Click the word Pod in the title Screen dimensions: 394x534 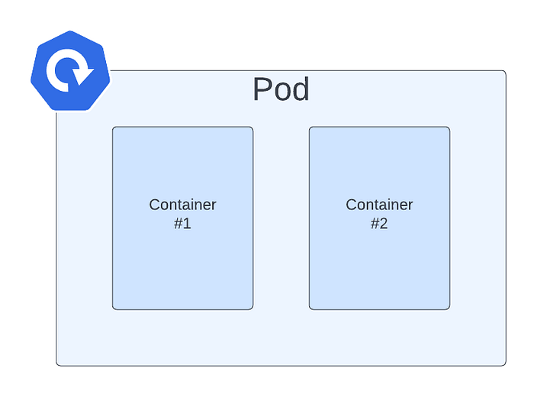[x=281, y=90]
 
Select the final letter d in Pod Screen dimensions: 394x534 [x=300, y=90]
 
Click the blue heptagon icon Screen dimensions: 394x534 [x=69, y=72]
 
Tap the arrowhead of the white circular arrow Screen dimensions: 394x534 [x=84, y=75]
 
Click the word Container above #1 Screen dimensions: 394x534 [x=182, y=205]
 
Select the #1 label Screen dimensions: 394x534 [x=182, y=224]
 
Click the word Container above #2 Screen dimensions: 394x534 [x=379, y=205]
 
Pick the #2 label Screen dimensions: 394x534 [x=379, y=224]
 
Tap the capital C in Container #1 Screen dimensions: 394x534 [x=155, y=205]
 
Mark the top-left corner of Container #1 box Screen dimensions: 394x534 [x=114, y=128]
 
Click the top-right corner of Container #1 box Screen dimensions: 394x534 [x=252, y=128]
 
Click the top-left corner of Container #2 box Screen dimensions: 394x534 [x=310, y=128]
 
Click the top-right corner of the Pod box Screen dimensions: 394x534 [x=505, y=70]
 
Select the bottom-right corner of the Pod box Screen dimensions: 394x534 [x=505, y=365]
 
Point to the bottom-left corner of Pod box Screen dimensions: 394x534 [x=56, y=365]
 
